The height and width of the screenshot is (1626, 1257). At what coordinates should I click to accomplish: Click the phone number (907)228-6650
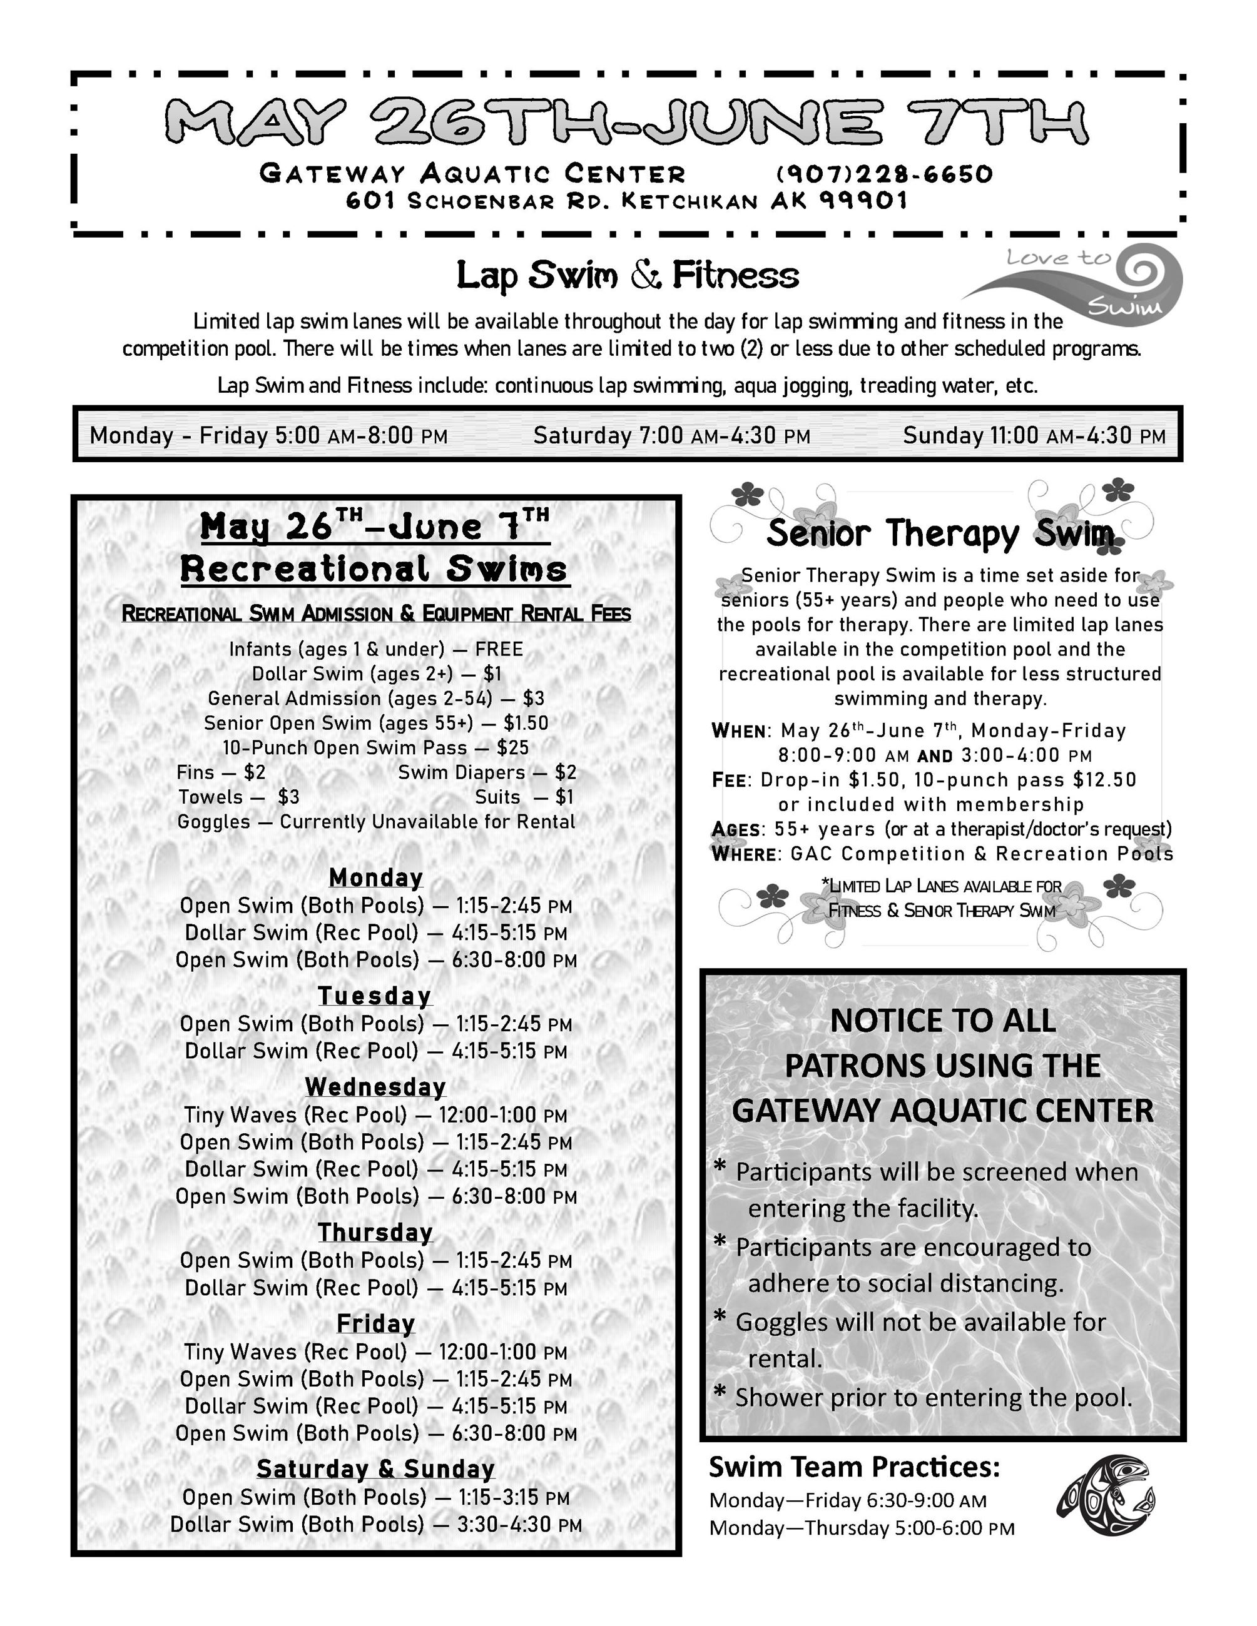tap(884, 174)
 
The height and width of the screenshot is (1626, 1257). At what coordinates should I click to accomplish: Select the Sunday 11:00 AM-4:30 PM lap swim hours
tap(1034, 435)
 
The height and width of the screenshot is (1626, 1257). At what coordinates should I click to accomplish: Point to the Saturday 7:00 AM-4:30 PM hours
tap(671, 435)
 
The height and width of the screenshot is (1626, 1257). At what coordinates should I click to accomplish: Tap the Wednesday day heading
tap(375, 1087)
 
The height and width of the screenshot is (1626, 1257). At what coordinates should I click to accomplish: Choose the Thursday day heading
tap(375, 1232)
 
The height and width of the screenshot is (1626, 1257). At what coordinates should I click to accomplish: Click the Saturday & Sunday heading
tap(375, 1469)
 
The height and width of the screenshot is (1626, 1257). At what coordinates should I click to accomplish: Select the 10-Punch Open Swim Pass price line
tap(375, 747)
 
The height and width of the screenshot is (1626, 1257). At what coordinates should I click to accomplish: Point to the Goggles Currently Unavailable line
tap(375, 822)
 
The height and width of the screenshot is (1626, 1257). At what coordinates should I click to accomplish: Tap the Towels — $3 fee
tap(238, 797)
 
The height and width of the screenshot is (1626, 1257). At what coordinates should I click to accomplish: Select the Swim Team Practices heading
tap(854, 1467)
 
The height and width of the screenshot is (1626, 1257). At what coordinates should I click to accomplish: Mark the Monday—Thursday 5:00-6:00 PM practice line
tap(862, 1528)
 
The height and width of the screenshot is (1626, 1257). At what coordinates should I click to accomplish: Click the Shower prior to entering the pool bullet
tap(932, 1398)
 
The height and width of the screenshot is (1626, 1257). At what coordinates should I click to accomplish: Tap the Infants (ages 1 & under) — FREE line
tap(375, 649)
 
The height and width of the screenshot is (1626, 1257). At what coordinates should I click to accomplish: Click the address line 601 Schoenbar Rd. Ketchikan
tap(627, 201)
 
